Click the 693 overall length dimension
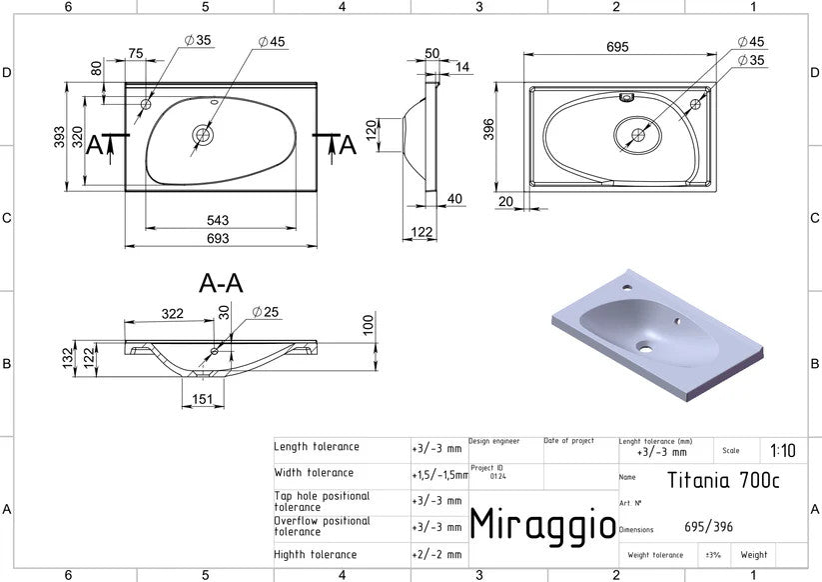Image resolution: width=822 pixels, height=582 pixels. pyautogui.click(x=218, y=239)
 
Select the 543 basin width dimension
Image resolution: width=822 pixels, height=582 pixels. pyautogui.click(x=218, y=220)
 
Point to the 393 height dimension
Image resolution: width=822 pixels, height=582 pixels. pyautogui.click(x=59, y=136)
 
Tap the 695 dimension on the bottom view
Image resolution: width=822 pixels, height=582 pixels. pyautogui.click(x=617, y=47)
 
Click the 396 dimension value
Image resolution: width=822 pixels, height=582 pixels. pyautogui.click(x=488, y=130)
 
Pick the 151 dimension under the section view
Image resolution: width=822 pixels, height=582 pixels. pyautogui.click(x=203, y=399)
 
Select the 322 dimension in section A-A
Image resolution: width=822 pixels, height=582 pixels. pyautogui.click(x=173, y=314)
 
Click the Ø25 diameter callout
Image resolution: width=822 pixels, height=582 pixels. pyautogui.click(x=266, y=312)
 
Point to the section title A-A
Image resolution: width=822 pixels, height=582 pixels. pyautogui.click(x=221, y=283)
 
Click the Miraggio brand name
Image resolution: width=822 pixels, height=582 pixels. pyautogui.click(x=543, y=524)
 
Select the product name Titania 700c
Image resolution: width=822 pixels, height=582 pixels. pyautogui.click(x=723, y=480)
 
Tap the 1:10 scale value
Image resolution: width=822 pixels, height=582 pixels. pyautogui.click(x=783, y=450)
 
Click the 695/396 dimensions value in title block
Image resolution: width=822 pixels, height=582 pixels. pyautogui.click(x=709, y=526)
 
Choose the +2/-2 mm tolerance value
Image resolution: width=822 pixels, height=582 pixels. pyautogui.click(x=437, y=554)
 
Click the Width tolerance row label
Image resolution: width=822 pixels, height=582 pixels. pyautogui.click(x=314, y=472)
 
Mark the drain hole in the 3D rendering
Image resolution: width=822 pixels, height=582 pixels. pyautogui.click(x=645, y=348)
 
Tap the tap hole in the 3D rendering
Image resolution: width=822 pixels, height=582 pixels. pyautogui.click(x=627, y=287)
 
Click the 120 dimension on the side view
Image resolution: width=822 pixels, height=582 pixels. pyautogui.click(x=372, y=131)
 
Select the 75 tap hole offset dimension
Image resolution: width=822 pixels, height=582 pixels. pyautogui.click(x=136, y=54)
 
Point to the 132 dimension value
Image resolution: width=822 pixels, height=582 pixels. pyautogui.click(x=69, y=358)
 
